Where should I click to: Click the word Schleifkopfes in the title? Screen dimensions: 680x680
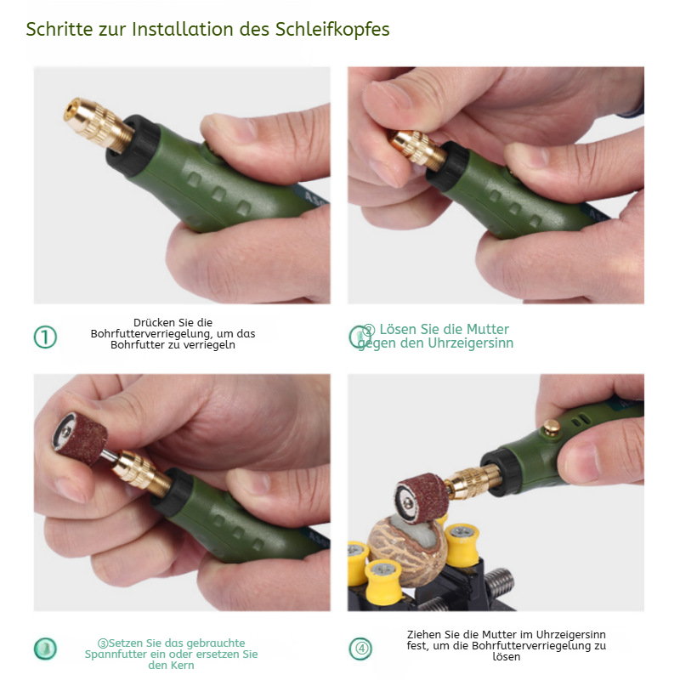tap(332, 30)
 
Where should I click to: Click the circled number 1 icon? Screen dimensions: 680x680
tap(45, 337)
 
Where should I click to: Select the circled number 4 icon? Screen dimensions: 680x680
tap(360, 649)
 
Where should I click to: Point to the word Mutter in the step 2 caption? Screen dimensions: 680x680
tap(487, 329)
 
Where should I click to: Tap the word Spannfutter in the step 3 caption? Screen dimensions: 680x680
tap(116, 654)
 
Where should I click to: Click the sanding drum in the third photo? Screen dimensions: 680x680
tap(80, 438)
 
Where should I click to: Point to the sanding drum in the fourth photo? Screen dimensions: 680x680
tap(422, 498)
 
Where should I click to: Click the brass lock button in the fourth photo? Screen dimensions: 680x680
tap(552, 427)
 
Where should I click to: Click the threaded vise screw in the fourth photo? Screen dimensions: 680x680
tap(499, 582)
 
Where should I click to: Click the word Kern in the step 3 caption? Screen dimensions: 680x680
tap(183, 666)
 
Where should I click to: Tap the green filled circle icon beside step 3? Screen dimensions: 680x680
tap(45, 649)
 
